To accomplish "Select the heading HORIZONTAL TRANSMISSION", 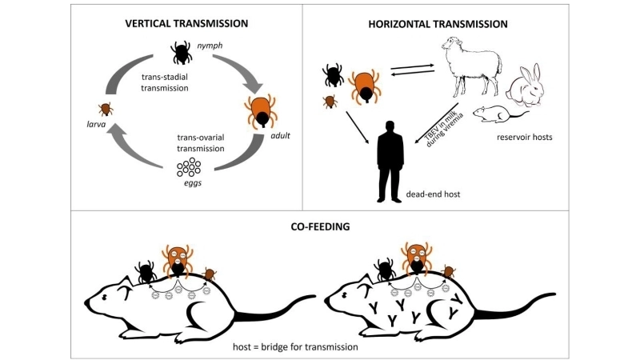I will [x=438, y=24].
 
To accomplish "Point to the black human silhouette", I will [x=390, y=160].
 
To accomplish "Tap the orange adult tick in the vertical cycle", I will [x=260, y=110].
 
